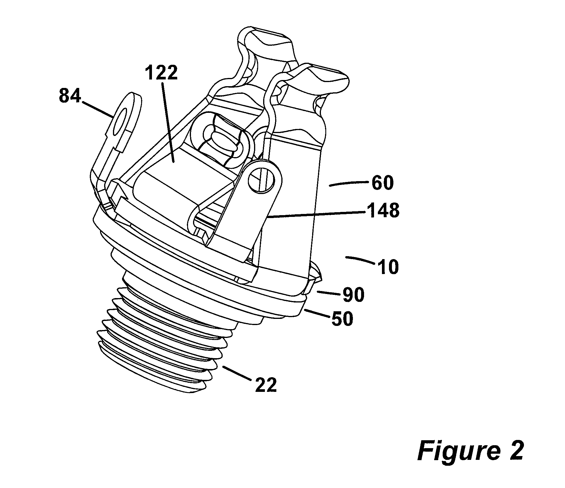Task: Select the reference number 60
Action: pyautogui.click(x=382, y=183)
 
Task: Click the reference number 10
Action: pyautogui.click(x=388, y=267)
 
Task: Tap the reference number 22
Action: pyautogui.click(x=266, y=385)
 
